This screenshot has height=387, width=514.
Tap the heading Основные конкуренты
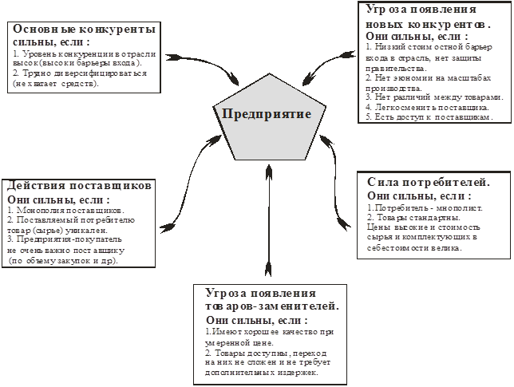[x=83, y=28]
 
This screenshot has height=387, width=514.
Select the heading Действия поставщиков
[x=78, y=185]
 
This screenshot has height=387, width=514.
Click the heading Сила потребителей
[x=429, y=182]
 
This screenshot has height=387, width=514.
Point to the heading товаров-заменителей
[x=272, y=306]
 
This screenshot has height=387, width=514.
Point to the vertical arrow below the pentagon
[x=269, y=215]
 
